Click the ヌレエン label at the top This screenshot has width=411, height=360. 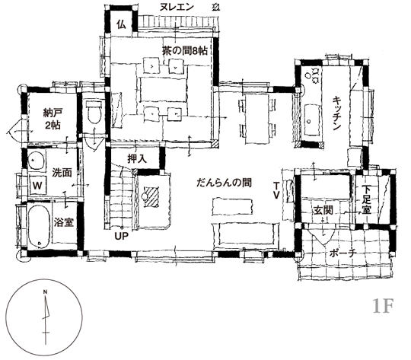pos(177,7)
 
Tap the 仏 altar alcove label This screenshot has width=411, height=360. pos(122,24)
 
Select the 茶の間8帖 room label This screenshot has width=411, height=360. pos(185,50)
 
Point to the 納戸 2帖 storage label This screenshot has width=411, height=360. pos(53,119)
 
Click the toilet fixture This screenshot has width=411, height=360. pos(94,112)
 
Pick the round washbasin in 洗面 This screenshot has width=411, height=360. pos(36,160)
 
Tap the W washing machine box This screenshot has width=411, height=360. pos(37,186)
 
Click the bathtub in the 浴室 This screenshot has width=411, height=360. pos(39,226)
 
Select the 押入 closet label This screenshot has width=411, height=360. pos(137,159)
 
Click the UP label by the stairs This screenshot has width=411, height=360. pos(121,236)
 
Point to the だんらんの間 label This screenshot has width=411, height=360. pos(224,183)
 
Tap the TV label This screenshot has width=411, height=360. pos(276,190)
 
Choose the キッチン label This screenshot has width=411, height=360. pos(336,113)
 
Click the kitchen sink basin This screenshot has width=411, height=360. pos(313,120)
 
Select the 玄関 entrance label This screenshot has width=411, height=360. pos(323,210)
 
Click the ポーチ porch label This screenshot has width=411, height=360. pos(342,253)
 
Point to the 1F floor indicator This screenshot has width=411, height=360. pos(383,306)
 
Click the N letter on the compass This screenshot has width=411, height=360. pos(45,292)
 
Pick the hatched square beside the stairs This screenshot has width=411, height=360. pos(151,196)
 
